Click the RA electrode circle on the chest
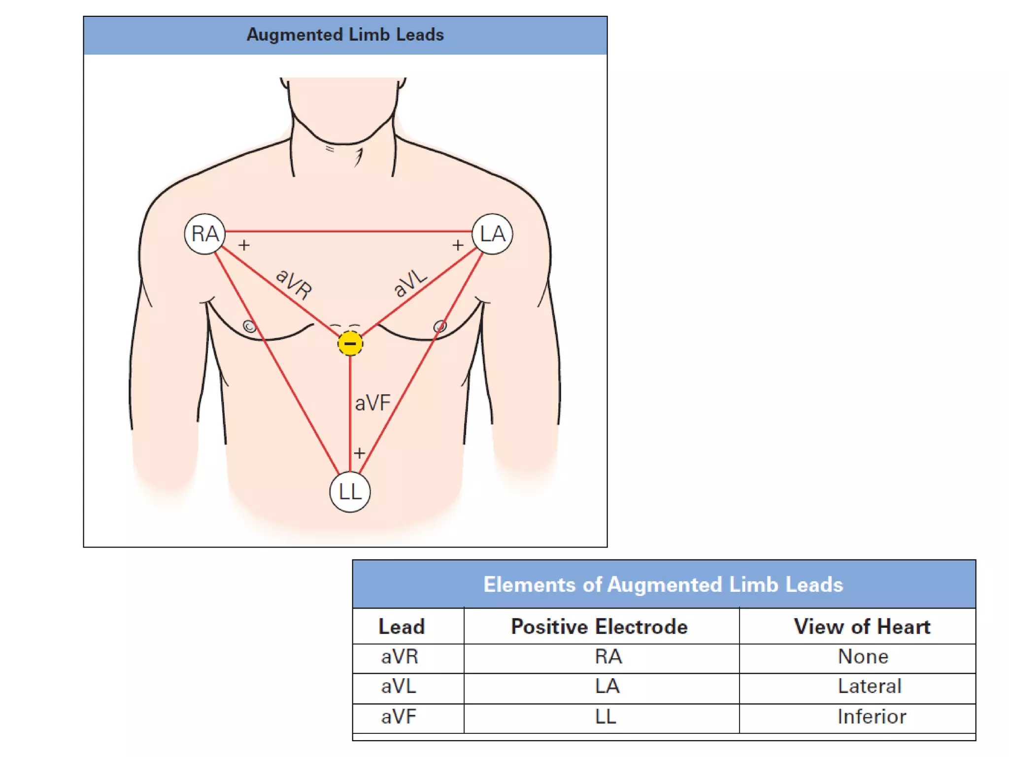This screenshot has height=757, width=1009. point(204,234)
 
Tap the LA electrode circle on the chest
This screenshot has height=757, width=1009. point(492,234)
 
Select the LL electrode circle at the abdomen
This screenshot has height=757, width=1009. point(350,492)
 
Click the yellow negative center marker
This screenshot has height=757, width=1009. point(350,344)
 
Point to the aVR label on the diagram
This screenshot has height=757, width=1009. point(294,284)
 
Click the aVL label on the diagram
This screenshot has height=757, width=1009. point(410,283)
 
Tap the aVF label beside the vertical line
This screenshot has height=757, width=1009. point(372,403)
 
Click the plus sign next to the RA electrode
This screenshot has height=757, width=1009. point(244,245)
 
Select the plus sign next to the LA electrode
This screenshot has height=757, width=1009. point(458,245)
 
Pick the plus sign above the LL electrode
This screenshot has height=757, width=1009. point(359,453)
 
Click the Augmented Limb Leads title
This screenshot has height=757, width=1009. point(345,35)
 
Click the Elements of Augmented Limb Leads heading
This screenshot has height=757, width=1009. point(663,585)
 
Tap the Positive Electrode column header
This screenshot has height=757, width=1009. point(599,627)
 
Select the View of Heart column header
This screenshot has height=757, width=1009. point(862,627)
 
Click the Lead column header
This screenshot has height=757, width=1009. point(402,627)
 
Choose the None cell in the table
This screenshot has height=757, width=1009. point(863,657)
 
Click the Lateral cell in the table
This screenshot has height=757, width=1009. point(870,687)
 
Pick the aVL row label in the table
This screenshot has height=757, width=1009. point(399,687)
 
